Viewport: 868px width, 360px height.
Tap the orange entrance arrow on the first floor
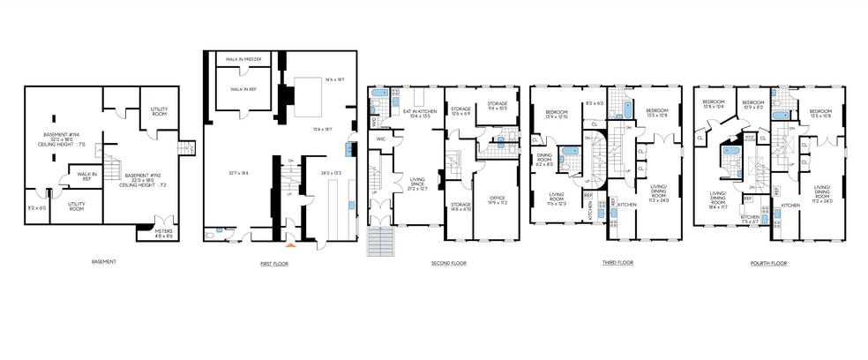click(282, 245)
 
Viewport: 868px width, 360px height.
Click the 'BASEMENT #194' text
click(62, 135)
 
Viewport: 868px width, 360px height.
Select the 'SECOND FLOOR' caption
click(448, 263)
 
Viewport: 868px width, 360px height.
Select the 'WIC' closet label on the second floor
click(381, 139)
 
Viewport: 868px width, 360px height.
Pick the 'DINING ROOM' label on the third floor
click(544, 160)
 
